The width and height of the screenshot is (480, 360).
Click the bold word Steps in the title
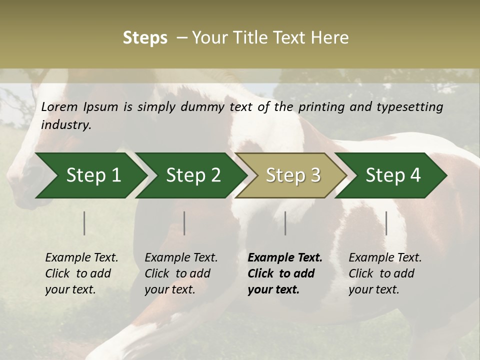click(x=145, y=38)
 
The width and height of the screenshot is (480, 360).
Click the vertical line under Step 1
click(x=84, y=223)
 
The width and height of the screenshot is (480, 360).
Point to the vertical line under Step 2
click(x=184, y=223)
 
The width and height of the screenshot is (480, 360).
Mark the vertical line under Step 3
click(x=285, y=223)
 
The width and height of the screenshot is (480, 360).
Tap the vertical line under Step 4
click(x=386, y=223)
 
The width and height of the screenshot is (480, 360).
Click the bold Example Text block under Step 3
click(x=285, y=273)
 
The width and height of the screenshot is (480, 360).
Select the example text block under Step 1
click(x=81, y=273)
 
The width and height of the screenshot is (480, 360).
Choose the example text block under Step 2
click(x=181, y=273)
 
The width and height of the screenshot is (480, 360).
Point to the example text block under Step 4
click(x=385, y=273)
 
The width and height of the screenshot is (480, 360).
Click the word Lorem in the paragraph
click(x=59, y=106)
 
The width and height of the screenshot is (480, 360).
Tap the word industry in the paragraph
click(x=66, y=125)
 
